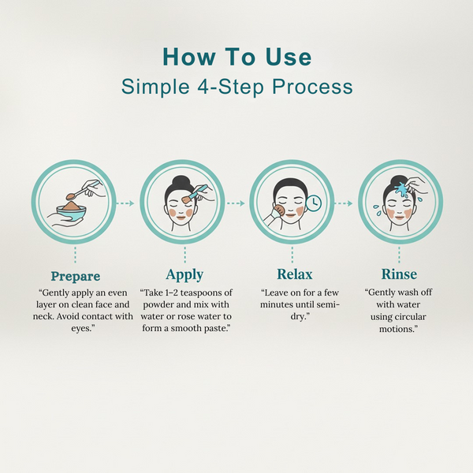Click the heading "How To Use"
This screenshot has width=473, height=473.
(x=236, y=58)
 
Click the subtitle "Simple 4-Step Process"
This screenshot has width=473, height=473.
(x=236, y=86)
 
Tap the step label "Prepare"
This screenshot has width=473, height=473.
(x=76, y=276)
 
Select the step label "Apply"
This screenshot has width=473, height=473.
(x=184, y=275)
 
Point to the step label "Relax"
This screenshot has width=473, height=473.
(x=294, y=275)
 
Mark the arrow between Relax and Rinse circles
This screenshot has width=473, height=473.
(x=343, y=203)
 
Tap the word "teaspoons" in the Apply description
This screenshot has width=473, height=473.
(x=201, y=292)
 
